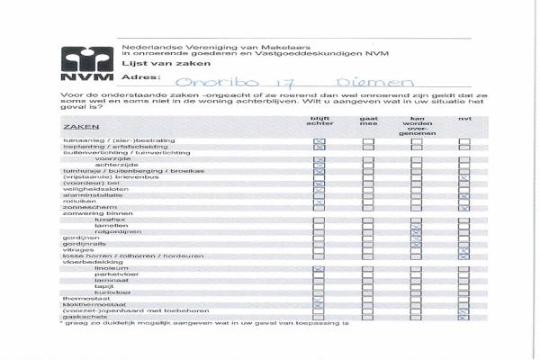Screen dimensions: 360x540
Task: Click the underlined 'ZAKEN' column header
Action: pyautogui.click(x=75, y=128)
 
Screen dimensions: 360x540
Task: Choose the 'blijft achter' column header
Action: pyautogui.click(x=319, y=123)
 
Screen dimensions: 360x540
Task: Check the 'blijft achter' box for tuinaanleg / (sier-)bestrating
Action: pyautogui.click(x=319, y=141)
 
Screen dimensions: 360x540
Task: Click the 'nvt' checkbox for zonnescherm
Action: pyautogui.click(x=464, y=209)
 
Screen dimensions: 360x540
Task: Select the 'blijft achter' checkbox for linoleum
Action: pyautogui.click(x=319, y=269)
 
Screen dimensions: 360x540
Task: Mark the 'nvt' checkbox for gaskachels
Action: pyautogui.click(x=464, y=316)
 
